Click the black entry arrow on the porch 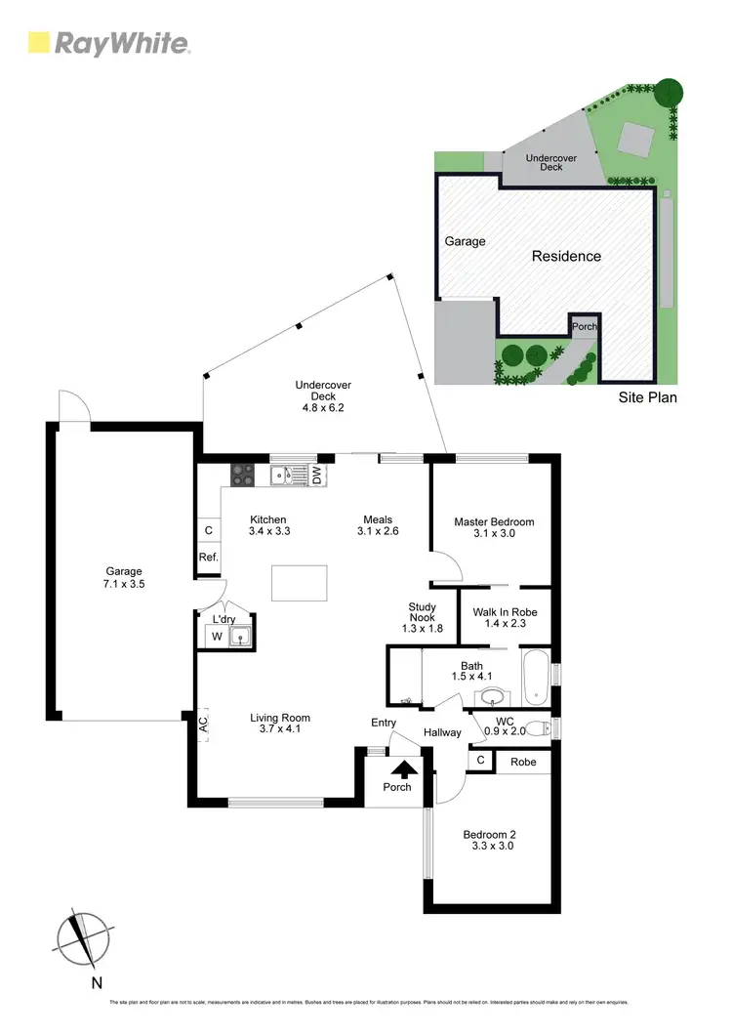coord(397,770)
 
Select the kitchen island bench coord(300,584)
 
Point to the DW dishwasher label coord(317,476)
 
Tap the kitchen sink coord(287,476)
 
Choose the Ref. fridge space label coord(208,558)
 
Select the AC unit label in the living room coord(203,725)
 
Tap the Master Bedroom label coord(494,528)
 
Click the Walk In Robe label coord(505,618)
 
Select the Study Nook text coord(423,617)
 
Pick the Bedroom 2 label coord(488,840)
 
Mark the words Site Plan coord(648,397)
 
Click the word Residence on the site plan coord(566,256)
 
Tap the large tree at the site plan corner coord(669,92)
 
